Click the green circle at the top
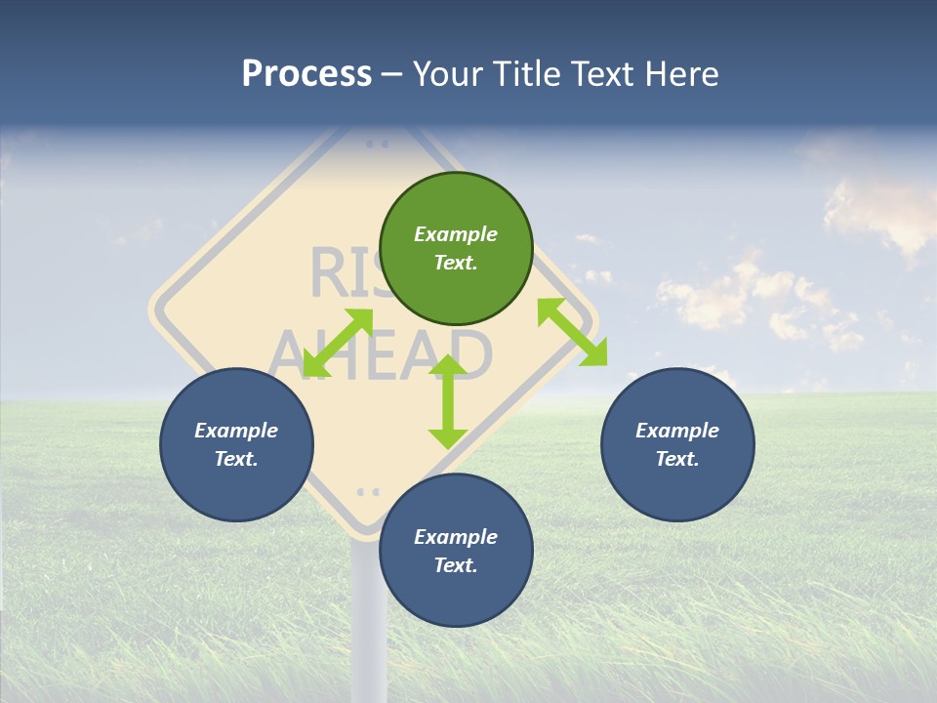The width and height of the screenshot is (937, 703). pyautogui.click(x=456, y=249)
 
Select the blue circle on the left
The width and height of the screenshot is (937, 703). pyautogui.click(x=236, y=445)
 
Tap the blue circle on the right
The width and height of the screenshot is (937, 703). pyautogui.click(x=677, y=445)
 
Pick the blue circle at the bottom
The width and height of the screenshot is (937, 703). pyautogui.click(x=456, y=551)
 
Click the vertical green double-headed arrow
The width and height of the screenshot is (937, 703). pyautogui.click(x=448, y=401)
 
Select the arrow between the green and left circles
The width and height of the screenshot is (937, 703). pyautogui.click(x=338, y=343)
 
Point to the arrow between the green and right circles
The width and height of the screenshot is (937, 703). pyautogui.click(x=572, y=332)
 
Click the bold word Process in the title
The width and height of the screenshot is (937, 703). pyautogui.click(x=306, y=73)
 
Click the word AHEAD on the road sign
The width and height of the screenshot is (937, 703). pyautogui.click(x=381, y=353)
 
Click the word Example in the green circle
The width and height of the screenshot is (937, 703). pyautogui.click(x=456, y=234)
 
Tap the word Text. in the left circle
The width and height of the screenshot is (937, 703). pyautogui.click(x=236, y=459)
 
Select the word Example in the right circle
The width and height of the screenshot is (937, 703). pyautogui.click(x=677, y=431)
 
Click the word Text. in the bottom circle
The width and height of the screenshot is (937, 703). pyautogui.click(x=456, y=565)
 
